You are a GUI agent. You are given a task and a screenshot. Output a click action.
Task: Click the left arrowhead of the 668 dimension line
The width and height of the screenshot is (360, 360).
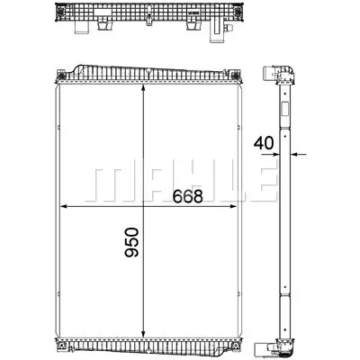coord(63,208)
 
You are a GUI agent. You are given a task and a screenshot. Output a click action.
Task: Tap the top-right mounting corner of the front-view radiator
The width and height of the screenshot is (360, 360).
coord(242,73)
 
